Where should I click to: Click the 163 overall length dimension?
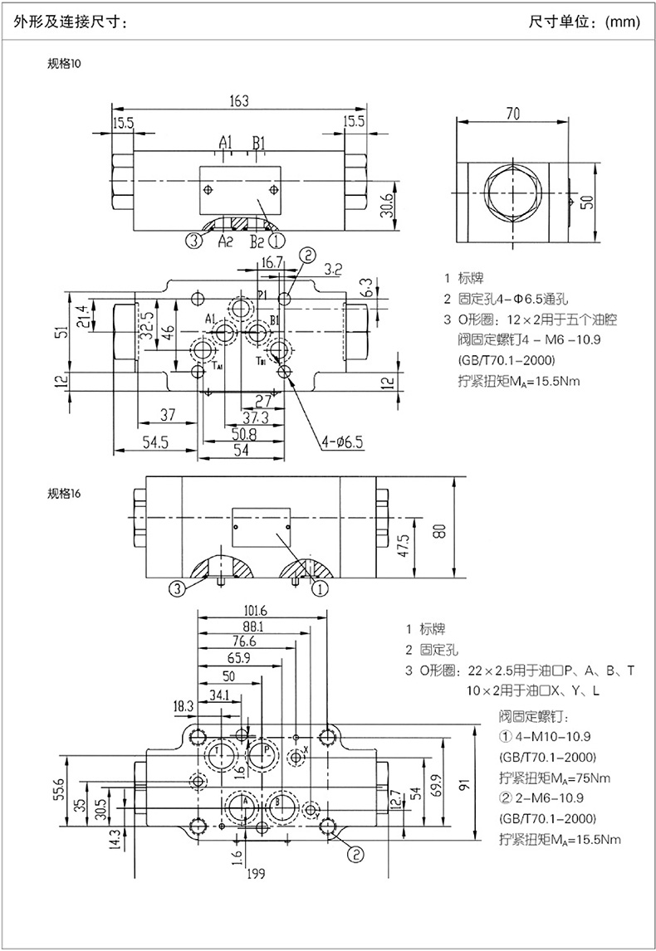(x=239, y=101)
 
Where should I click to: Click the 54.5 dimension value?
(x=155, y=443)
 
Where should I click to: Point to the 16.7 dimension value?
(x=272, y=263)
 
